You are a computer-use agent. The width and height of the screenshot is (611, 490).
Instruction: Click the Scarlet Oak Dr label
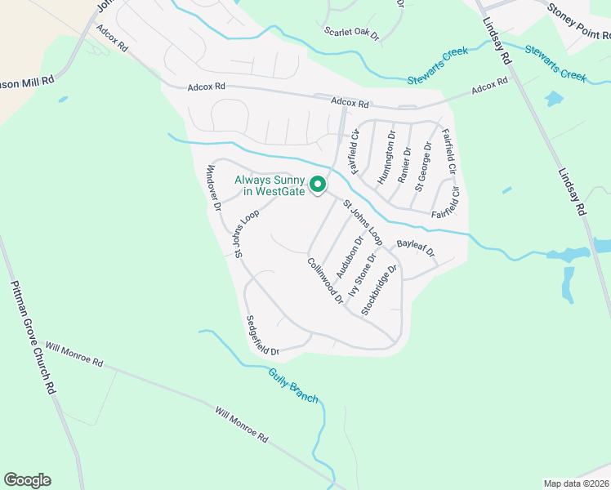(x=352, y=33)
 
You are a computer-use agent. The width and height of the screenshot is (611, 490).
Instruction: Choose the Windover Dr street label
(x=213, y=188)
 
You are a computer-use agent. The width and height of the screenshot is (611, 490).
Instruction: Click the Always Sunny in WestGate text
(x=270, y=186)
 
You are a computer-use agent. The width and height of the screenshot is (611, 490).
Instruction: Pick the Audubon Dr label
(x=350, y=256)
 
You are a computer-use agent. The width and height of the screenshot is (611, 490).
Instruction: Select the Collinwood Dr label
(x=325, y=282)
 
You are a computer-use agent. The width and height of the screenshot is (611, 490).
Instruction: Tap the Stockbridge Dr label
(x=379, y=290)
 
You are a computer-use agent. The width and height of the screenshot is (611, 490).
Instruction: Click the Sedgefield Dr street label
(x=262, y=336)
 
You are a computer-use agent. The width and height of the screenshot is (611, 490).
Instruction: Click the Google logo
(x=27, y=480)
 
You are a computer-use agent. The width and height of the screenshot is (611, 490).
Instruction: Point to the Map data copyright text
(x=576, y=483)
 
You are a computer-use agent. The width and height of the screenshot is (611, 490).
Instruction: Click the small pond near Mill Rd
(x=63, y=100)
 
